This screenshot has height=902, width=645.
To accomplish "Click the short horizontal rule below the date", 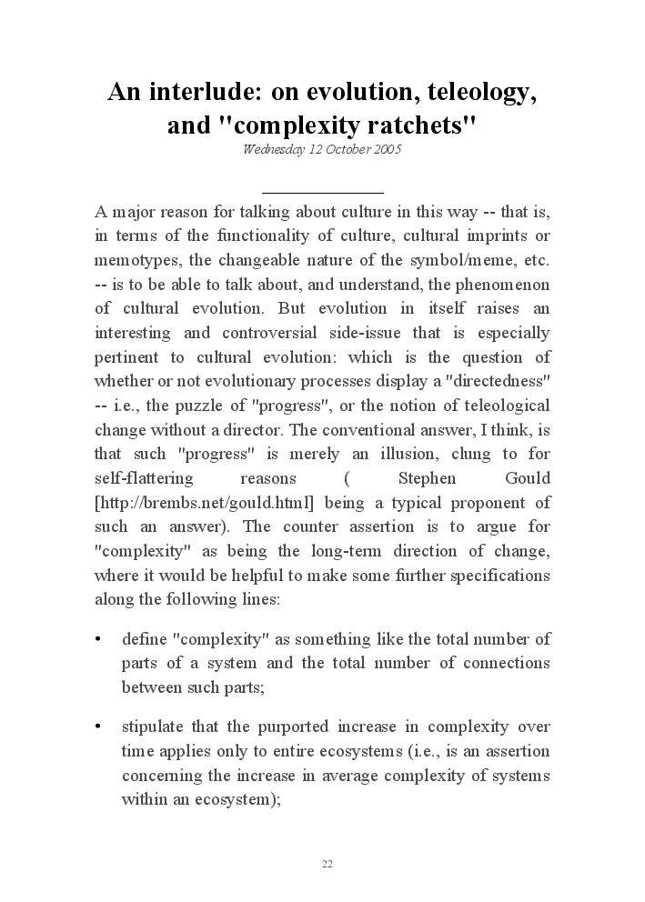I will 322,193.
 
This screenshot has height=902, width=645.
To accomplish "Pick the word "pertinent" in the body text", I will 127,357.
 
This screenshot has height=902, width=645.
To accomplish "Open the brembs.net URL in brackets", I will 205,503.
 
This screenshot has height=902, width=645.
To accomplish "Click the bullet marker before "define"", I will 98,639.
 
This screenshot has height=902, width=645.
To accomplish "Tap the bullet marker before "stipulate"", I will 98,727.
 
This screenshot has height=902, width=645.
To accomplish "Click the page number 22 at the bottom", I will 328,864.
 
